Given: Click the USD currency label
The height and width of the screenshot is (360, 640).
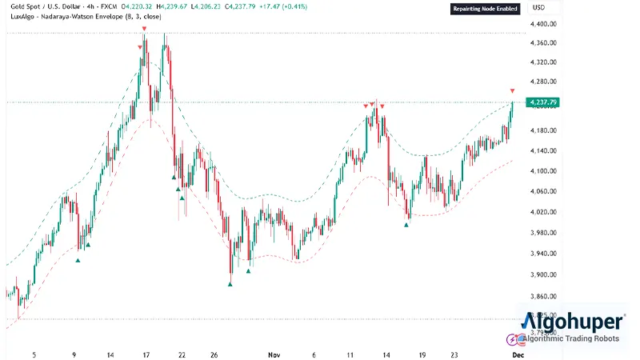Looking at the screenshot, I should [x=538, y=8].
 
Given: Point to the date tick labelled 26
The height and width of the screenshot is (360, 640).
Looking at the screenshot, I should [x=214, y=353].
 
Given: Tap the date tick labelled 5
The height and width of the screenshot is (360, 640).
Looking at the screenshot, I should [x=34, y=353].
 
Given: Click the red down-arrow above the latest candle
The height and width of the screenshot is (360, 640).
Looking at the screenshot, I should [x=512, y=91].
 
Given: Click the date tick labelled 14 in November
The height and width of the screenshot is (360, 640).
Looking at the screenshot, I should [x=386, y=353].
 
